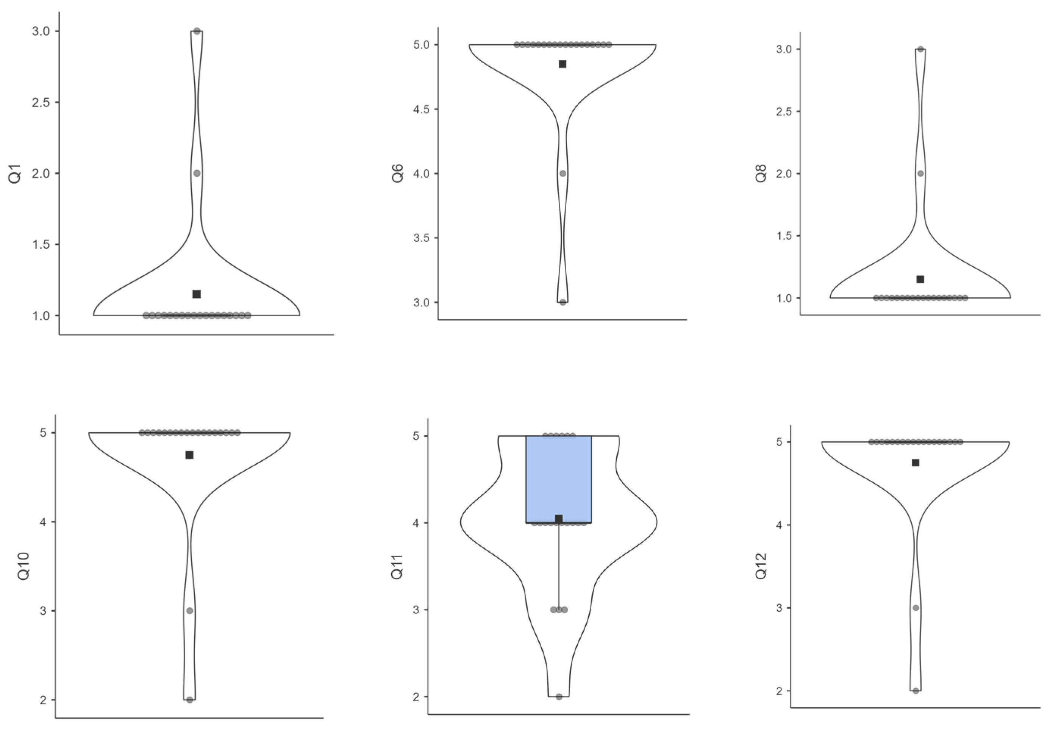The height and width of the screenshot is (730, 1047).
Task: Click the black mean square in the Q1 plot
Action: tap(197, 294)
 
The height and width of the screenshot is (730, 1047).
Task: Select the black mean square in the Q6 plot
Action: tap(563, 64)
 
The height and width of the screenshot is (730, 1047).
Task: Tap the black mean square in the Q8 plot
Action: tap(920, 279)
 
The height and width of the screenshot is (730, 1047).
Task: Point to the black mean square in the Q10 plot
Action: tap(189, 455)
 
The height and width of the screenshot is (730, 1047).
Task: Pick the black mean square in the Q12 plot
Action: tap(915, 463)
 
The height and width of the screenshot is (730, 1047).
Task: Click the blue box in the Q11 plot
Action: tap(559, 479)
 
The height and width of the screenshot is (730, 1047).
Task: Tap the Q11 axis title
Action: tap(397, 567)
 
